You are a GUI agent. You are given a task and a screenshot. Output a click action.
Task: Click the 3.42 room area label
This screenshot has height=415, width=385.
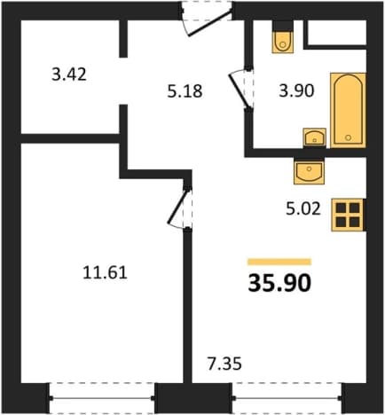[x=69, y=74]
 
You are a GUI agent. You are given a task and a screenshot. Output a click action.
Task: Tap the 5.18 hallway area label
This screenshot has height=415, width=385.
[x=185, y=91]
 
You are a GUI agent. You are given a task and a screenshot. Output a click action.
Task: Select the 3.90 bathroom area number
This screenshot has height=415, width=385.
[x=296, y=90]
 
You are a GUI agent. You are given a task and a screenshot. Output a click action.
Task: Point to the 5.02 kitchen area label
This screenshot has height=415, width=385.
[x=303, y=209]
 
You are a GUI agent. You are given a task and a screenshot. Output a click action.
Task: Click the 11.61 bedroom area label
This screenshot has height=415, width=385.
[x=105, y=272]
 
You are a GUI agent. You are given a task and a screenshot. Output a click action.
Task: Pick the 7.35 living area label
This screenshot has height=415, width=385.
[x=224, y=364]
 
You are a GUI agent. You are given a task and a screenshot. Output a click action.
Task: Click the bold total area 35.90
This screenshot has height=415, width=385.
[x=279, y=283]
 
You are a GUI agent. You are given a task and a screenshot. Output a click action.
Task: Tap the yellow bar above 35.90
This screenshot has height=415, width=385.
[x=279, y=262]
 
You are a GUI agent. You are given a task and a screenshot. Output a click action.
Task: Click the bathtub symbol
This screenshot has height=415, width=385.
[x=348, y=110]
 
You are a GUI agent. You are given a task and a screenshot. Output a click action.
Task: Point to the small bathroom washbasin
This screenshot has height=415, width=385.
[x=315, y=137]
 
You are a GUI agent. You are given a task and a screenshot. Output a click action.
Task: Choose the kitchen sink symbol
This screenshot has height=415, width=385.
[x=309, y=171]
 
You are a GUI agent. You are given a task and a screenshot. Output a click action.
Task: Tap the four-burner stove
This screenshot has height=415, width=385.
[x=348, y=215]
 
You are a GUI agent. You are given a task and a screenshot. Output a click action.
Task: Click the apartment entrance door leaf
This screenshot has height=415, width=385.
[x=210, y=23]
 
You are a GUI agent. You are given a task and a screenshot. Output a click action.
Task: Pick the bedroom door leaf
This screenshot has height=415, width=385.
[x=178, y=207]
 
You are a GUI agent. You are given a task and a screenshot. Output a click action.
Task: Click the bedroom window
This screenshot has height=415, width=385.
[x=102, y=398]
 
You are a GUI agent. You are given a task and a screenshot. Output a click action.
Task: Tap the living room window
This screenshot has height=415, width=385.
[x=287, y=398]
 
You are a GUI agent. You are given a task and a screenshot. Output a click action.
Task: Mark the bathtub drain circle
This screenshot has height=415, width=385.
[x=349, y=137]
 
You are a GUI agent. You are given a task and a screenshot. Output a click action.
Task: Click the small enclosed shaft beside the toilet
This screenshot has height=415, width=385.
[x=338, y=32]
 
